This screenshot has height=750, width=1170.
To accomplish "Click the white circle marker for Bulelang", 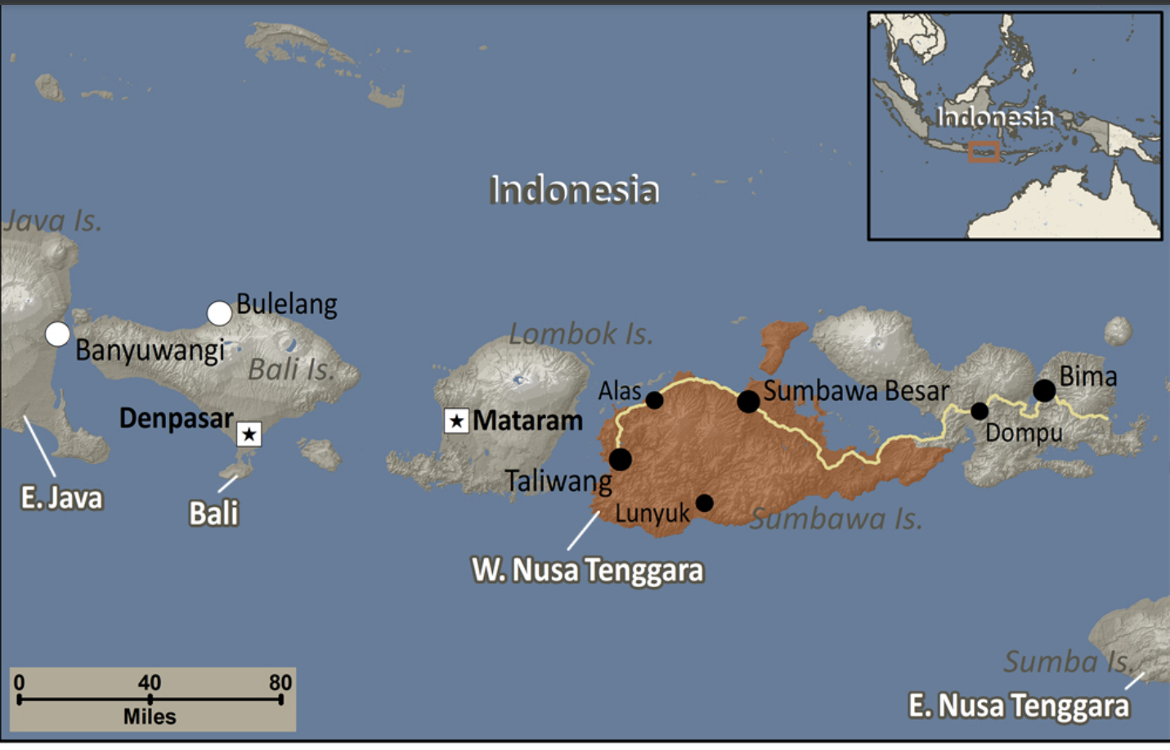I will click(219, 313).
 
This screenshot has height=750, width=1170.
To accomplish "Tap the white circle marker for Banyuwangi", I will click(57, 334).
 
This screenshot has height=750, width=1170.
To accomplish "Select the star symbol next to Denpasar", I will click(249, 433).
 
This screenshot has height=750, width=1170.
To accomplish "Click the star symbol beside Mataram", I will click(456, 421).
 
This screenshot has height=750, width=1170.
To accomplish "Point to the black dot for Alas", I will click(654, 400).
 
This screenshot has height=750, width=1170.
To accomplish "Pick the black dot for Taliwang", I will click(621, 459).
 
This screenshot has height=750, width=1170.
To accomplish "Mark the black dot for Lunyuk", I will click(704, 502).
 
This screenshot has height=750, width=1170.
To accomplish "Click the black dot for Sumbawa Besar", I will click(748, 401).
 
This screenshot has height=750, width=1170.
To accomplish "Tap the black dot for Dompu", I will click(979, 411).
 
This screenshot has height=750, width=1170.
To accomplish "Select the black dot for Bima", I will click(1044, 390).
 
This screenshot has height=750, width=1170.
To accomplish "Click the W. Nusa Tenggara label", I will click(587, 570).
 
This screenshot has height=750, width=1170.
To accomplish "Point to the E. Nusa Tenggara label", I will click(1019, 705).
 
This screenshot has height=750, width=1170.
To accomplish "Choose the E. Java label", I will click(62, 497).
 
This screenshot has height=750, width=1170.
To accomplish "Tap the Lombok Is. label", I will click(581, 334).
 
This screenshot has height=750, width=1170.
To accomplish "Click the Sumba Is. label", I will click(1067, 661).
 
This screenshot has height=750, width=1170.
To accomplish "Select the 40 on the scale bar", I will click(149, 683).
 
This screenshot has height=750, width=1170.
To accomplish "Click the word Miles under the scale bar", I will click(150, 716).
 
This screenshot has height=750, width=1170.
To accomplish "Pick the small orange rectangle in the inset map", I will click(984, 152).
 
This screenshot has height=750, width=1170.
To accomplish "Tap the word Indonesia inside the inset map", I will click(994, 117).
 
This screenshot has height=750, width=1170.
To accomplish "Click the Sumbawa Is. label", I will click(836, 519).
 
